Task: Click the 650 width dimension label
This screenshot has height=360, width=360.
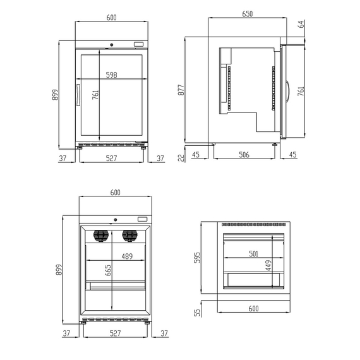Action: pyautogui.click(x=248, y=14)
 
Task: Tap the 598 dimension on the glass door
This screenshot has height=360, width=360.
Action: pyautogui.click(x=111, y=75)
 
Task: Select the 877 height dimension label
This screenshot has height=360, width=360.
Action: pyautogui.click(x=181, y=90)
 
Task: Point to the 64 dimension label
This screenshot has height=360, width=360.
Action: pyautogui.click(x=301, y=24)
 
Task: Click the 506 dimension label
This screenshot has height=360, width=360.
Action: pyautogui.click(x=244, y=155)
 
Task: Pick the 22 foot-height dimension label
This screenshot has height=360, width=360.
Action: pyautogui.click(x=181, y=158)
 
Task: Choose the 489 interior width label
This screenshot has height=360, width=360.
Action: pyautogui.click(x=127, y=256)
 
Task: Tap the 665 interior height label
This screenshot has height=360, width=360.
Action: pyautogui.click(x=107, y=270)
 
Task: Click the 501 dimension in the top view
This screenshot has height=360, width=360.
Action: pyautogui.click(x=253, y=254)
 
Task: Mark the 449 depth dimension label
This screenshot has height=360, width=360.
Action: pyautogui.click(x=268, y=265)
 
